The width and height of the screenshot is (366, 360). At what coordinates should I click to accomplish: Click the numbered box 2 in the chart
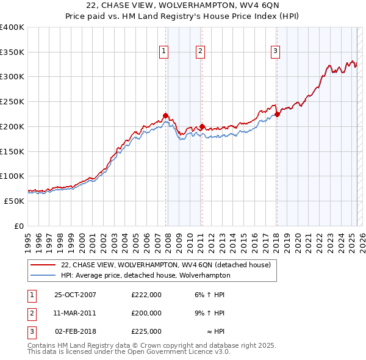(201, 52)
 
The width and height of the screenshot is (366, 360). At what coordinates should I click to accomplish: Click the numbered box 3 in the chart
(276, 52)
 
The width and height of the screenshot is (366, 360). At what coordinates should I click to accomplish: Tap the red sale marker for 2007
(165, 115)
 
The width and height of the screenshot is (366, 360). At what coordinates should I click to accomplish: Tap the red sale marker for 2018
(276, 114)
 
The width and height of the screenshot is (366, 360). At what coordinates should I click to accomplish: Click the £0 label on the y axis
(20, 226)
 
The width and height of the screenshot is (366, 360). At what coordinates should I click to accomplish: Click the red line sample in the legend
(43, 264)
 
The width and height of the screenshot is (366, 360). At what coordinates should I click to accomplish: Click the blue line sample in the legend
(43, 275)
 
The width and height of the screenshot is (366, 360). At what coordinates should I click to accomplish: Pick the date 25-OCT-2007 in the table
(75, 295)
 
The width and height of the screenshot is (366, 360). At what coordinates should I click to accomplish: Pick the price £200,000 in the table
(146, 313)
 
